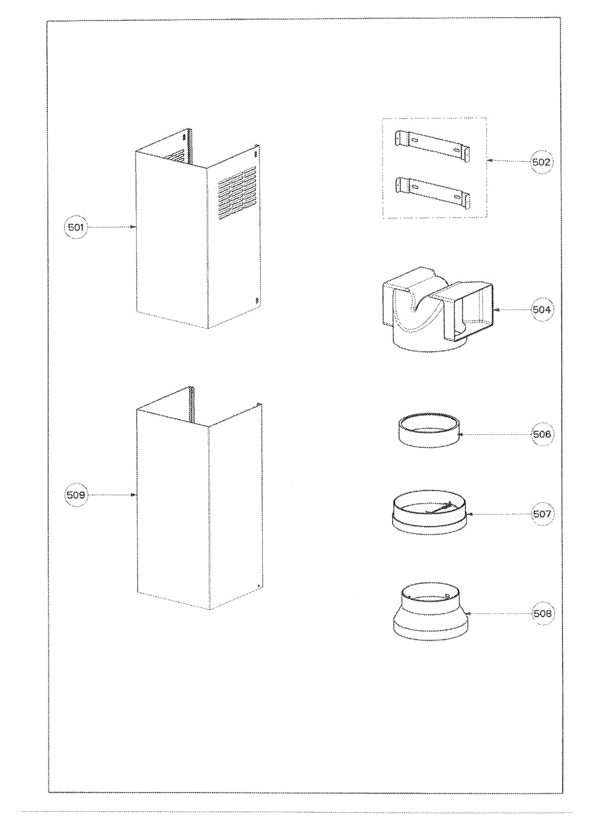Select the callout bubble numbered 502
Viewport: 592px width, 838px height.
(541, 161)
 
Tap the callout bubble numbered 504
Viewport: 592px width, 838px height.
(541, 309)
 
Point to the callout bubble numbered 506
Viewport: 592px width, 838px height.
(541, 434)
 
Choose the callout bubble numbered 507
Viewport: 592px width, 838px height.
(541, 514)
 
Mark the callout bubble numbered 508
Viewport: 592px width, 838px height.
(541, 613)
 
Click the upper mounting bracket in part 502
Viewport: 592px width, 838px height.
(431, 145)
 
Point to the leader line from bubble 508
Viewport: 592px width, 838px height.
(501, 613)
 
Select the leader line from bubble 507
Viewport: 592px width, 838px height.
(501, 514)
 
